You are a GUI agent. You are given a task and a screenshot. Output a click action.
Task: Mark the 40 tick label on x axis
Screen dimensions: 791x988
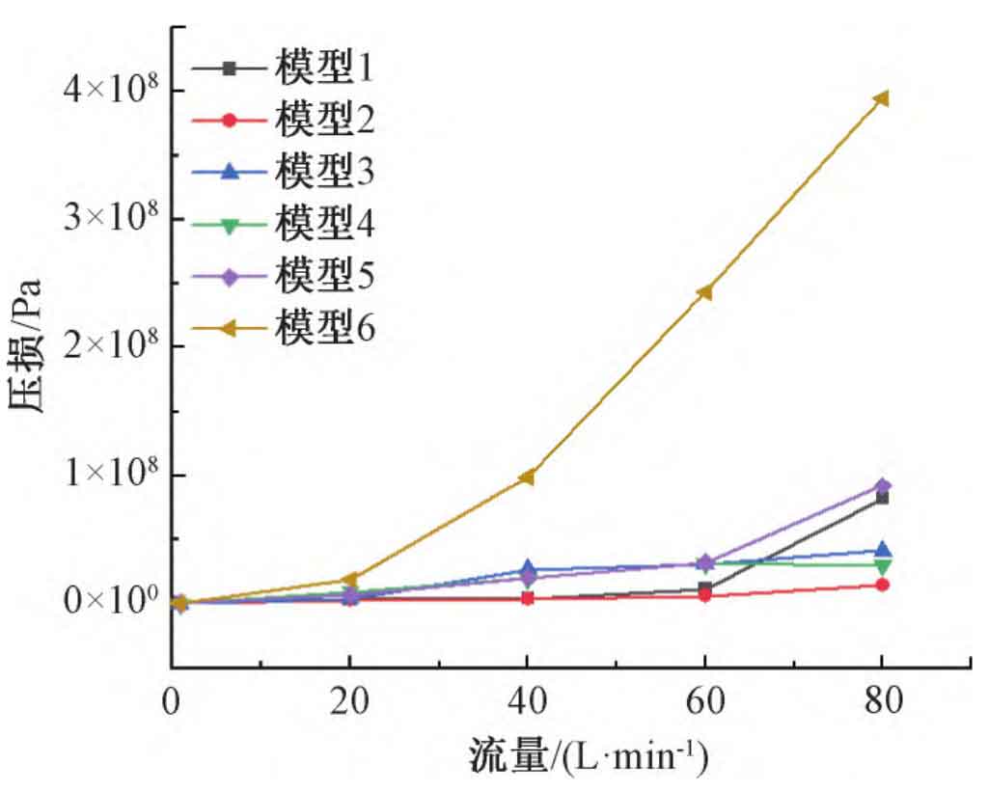point(527,701)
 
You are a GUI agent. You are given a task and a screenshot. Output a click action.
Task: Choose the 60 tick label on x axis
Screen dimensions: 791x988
point(704,701)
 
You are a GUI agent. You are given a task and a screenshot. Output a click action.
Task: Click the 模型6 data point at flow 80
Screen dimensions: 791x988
point(881,98)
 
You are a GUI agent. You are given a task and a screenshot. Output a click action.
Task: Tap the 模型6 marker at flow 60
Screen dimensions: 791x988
point(704,292)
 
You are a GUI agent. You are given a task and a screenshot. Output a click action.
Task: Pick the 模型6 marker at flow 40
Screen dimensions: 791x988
point(527,477)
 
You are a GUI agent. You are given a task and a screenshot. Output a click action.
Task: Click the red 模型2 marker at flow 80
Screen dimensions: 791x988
point(882,586)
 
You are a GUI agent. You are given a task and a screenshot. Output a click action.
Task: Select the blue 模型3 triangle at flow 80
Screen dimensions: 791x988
point(882,551)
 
